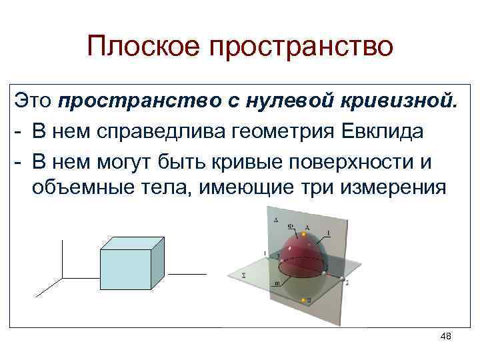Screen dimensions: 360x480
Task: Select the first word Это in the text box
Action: pyautogui.click(x=33, y=101)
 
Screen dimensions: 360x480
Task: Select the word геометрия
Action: pyautogui.click(x=297, y=131)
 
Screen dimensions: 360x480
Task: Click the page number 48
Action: pyautogui.click(x=446, y=337)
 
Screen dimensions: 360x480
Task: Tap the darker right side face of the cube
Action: pyautogui.click(x=158, y=261)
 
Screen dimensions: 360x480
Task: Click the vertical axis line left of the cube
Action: pyautogui.click(x=62, y=257)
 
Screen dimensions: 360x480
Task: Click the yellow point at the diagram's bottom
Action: pyautogui.click(x=303, y=301)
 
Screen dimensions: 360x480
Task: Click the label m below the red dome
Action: pyautogui.click(x=277, y=283)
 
